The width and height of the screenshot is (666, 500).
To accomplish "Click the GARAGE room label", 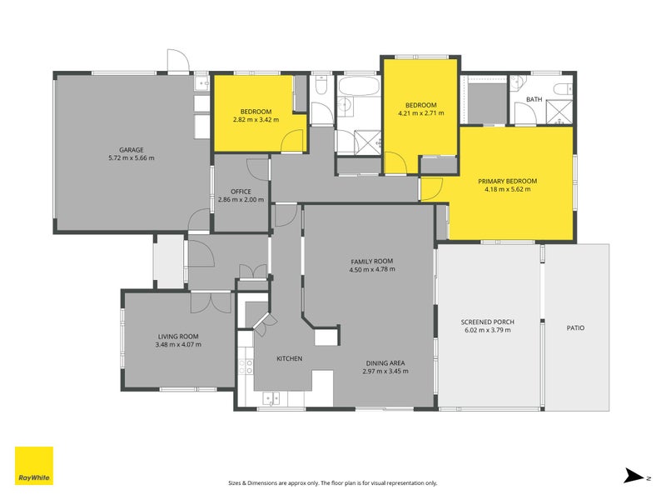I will pyautogui.click(x=131, y=150).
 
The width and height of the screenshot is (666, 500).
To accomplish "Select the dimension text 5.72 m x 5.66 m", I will pyautogui.click(x=131, y=158).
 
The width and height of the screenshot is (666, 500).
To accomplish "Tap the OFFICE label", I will pyautogui.click(x=241, y=192).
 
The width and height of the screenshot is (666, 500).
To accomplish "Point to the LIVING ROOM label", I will pyautogui.click(x=179, y=337).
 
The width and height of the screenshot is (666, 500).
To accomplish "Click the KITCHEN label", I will pyautogui.click(x=289, y=359).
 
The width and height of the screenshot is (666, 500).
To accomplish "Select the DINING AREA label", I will pyautogui.click(x=385, y=362).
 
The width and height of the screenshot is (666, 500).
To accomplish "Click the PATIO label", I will pyautogui.click(x=575, y=328).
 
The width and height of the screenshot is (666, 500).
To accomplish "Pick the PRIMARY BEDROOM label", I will pyautogui.click(x=507, y=181).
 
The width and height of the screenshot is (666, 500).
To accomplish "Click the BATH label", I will pyautogui.click(x=534, y=100).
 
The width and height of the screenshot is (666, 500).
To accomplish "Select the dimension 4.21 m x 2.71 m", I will pyautogui.click(x=420, y=113).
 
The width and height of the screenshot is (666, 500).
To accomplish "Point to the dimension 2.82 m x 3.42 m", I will pyautogui.click(x=256, y=120).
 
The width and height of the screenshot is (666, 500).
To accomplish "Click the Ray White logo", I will pyautogui.click(x=34, y=466).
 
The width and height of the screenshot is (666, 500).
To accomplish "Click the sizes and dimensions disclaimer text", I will pyautogui.click(x=332, y=482).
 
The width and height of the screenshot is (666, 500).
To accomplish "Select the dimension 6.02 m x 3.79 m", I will pyautogui.click(x=488, y=330).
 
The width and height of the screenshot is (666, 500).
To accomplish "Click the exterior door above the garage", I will pyautogui.click(x=177, y=61).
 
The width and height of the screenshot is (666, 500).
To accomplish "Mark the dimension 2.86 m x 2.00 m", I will pyautogui.click(x=241, y=200).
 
